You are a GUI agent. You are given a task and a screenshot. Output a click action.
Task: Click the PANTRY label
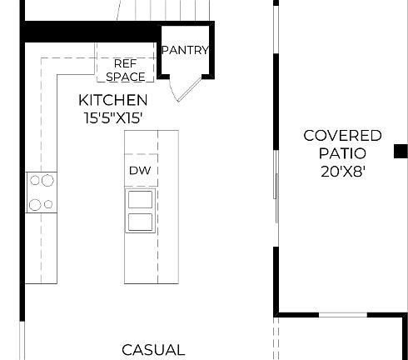click(x=184, y=50)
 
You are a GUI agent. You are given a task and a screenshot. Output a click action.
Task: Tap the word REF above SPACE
click(x=125, y=62)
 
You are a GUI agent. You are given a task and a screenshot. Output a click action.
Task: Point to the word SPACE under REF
click(x=125, y=77)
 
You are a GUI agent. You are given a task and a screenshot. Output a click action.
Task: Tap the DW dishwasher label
click(x=138, y=171)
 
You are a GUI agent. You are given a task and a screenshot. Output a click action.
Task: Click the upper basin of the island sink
click(x=140, y=199)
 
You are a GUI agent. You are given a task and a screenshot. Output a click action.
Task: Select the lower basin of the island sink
click(x=140, y=221)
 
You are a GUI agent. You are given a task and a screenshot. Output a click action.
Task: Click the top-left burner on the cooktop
click(x=35, y=179)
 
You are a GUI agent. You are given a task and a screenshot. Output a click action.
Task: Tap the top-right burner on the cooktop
click(x=48, y=178)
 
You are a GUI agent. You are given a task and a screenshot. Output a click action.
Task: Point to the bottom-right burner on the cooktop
click(x=48, y=203)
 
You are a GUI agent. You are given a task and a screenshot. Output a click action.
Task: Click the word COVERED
click(x=342, y=136)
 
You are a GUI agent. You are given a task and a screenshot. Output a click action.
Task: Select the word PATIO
click(x=342, y=153)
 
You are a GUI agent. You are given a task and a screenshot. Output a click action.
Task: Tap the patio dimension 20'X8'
click(x=342, y=172)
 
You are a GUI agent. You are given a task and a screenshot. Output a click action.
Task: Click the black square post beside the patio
click(x=401, y=151)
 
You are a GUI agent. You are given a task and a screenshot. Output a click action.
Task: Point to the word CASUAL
click(x=153, y=350)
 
